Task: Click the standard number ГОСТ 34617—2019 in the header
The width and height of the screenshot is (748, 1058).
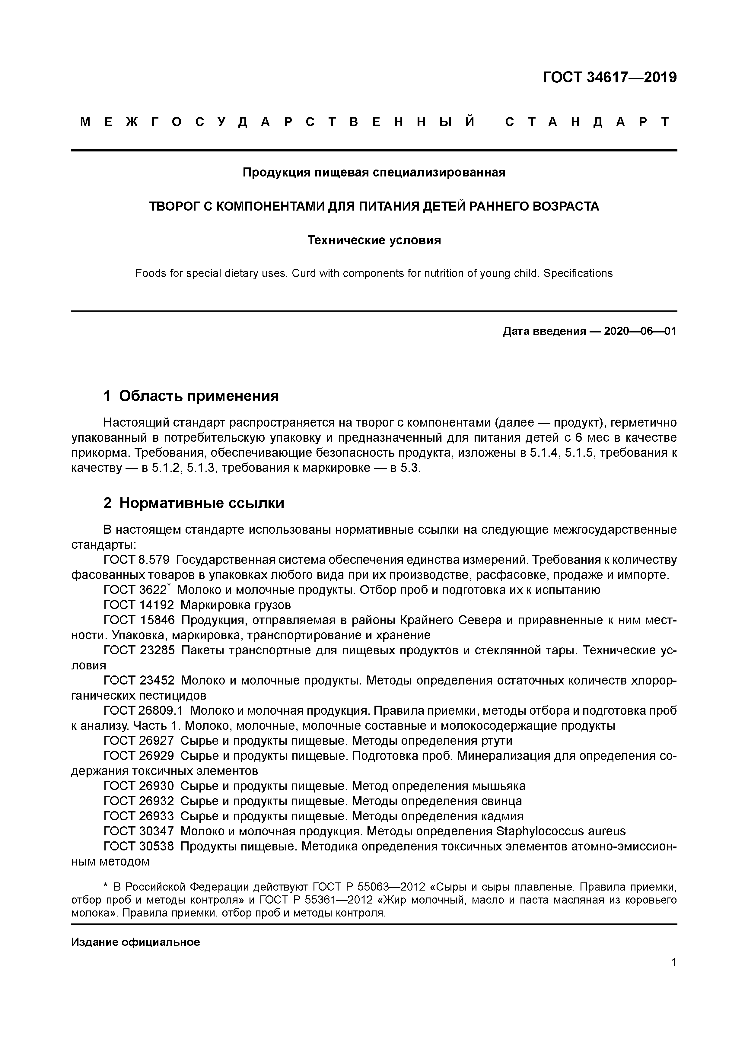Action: click(x=609, y=78)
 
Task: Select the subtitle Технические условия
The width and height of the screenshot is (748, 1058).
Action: click(x=374, y=240)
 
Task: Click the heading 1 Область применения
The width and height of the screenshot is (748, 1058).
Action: click(x=191, y=396)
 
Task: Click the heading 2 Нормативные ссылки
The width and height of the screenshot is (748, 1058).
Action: click(x=194, y=503)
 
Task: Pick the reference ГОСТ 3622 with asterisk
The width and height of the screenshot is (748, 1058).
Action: click(x=137, y=590)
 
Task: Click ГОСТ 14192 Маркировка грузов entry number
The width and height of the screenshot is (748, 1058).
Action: click(x=139, y=605)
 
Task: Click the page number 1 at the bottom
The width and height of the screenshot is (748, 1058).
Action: click(x=673, y=962)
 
